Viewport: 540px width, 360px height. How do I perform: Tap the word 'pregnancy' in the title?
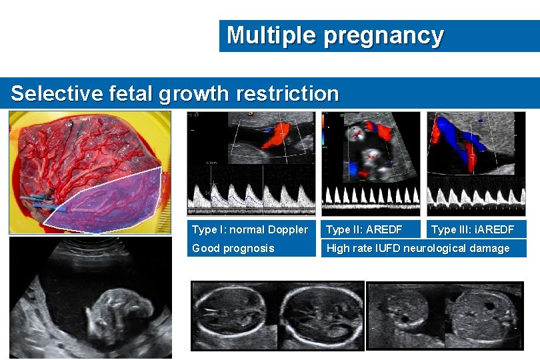click(383, 36)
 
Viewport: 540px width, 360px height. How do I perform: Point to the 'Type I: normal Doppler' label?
click(250, 230)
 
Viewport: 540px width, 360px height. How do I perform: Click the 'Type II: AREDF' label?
click(363, 230)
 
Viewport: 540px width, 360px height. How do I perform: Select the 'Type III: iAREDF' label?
click(473, 230)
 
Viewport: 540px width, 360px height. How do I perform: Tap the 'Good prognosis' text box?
click(233, 249)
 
